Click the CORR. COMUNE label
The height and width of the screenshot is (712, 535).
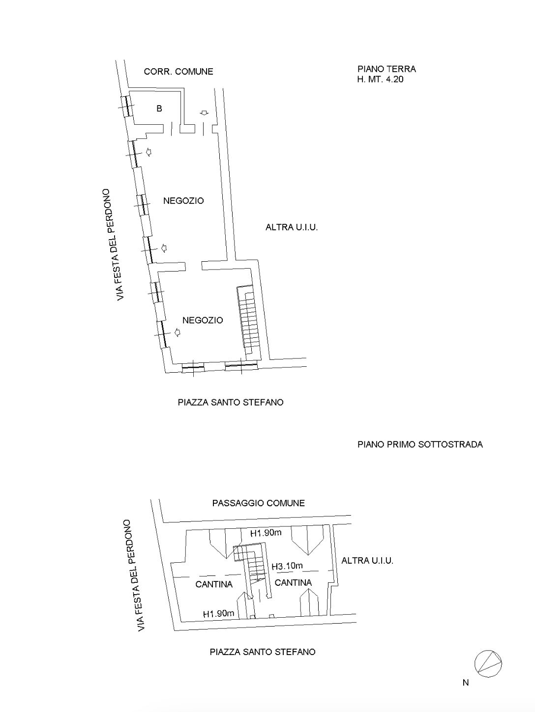click(178, 71)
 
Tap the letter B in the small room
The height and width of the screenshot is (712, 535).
click(159, 109)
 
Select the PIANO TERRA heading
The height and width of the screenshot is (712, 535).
click(386, 69)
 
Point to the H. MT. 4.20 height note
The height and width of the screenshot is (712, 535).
click(380, 79)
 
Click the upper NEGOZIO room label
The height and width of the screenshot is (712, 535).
click(183, 201)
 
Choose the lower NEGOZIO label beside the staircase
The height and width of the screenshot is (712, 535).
click(203, 321)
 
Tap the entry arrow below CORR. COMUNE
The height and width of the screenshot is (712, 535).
click(205, 113)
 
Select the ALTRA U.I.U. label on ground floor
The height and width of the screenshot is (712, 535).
click(292, 227)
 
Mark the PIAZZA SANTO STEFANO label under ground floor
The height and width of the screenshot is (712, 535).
click(231, 403)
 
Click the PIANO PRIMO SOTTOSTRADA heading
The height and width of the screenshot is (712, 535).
click(420, 444)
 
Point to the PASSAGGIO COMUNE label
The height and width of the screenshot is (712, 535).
click(259, 503)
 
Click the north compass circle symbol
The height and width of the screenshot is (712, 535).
click(488, 664)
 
